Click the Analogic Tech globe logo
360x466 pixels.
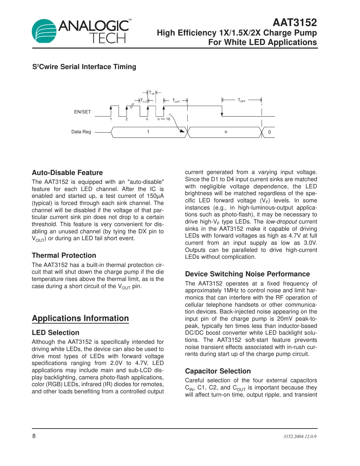(x=44, y=31)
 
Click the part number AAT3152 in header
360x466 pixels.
(x=295, y=22)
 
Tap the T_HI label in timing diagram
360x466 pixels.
(x=151, y=93)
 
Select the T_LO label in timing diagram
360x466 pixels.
(x=144, y=101)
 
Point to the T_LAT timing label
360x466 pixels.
(x=176, y=101)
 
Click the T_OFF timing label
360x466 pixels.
(x=241, y=100)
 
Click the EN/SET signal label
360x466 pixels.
(x=82, y=112)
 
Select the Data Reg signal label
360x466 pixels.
(x=81, y=132)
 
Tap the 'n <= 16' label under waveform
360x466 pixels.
(x=164, y=119)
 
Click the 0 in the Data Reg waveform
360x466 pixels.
(x=269, y=132)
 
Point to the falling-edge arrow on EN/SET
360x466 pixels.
(x=222, y=114)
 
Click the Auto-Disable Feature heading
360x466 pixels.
(x=67, y=173)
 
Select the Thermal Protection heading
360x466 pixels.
(x=64, y=255)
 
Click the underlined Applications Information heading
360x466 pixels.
(x=80, y=318)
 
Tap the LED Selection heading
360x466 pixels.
(x=55, y=333)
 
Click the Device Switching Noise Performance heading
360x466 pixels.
(x=247, y=274)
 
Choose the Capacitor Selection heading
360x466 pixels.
(x=218, y=371)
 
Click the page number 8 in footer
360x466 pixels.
(x=34, y=436)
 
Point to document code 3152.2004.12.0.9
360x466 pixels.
(x=300, y=436)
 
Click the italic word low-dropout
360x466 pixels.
(x=281, y=222)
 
